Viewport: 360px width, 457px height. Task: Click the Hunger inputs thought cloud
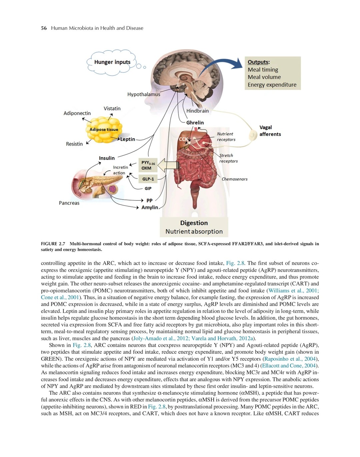tap(112, 62)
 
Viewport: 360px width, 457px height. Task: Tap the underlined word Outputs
tap(258, 62)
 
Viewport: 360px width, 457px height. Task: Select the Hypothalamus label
tap(144, 94)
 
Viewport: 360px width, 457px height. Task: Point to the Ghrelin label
tap(195, 123)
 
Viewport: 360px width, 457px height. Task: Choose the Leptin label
tap(128, 139)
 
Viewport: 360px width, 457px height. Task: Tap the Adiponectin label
tap(77, 113)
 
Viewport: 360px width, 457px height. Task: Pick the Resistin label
tap(74, 144)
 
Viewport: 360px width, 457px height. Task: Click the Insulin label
tap(107, 158)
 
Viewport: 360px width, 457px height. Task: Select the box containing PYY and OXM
tap(148, 165)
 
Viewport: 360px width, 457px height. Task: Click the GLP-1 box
tap(148, 179)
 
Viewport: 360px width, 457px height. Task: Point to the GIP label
tap(148, 189)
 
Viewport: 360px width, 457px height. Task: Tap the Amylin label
tap(150, 207)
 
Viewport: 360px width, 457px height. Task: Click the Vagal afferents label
tap(270, 131)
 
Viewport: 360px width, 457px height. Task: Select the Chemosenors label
tap(234, 179)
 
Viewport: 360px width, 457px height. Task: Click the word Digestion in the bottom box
tap(194, 223)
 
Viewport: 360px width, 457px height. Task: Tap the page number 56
tap(44, 28)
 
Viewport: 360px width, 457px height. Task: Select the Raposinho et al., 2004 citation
tap(290, 359)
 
